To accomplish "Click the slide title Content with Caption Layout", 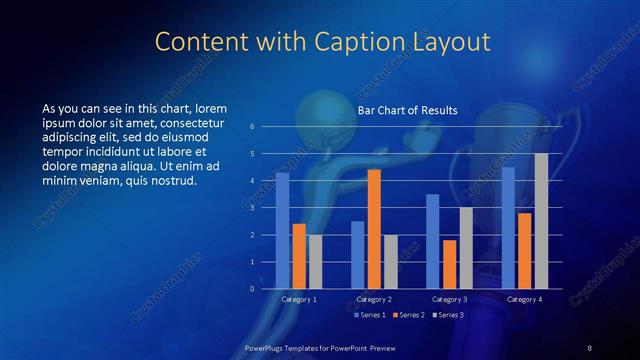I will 324,42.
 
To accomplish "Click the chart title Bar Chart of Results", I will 407,110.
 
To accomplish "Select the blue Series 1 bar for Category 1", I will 283,230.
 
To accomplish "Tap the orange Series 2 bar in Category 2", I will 374,229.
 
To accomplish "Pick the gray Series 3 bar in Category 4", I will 541,221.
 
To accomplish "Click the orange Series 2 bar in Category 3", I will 449,264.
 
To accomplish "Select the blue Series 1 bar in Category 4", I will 508,227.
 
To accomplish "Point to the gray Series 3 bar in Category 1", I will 315,261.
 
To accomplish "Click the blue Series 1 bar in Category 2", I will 358,254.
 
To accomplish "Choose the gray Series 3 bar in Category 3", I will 465,247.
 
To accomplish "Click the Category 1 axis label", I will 299,299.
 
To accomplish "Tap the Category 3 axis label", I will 449,299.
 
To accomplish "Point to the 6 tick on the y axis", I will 252,126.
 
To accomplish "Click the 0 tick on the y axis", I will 252,288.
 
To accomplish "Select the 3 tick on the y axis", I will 252,207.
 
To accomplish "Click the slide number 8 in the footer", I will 590,347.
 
